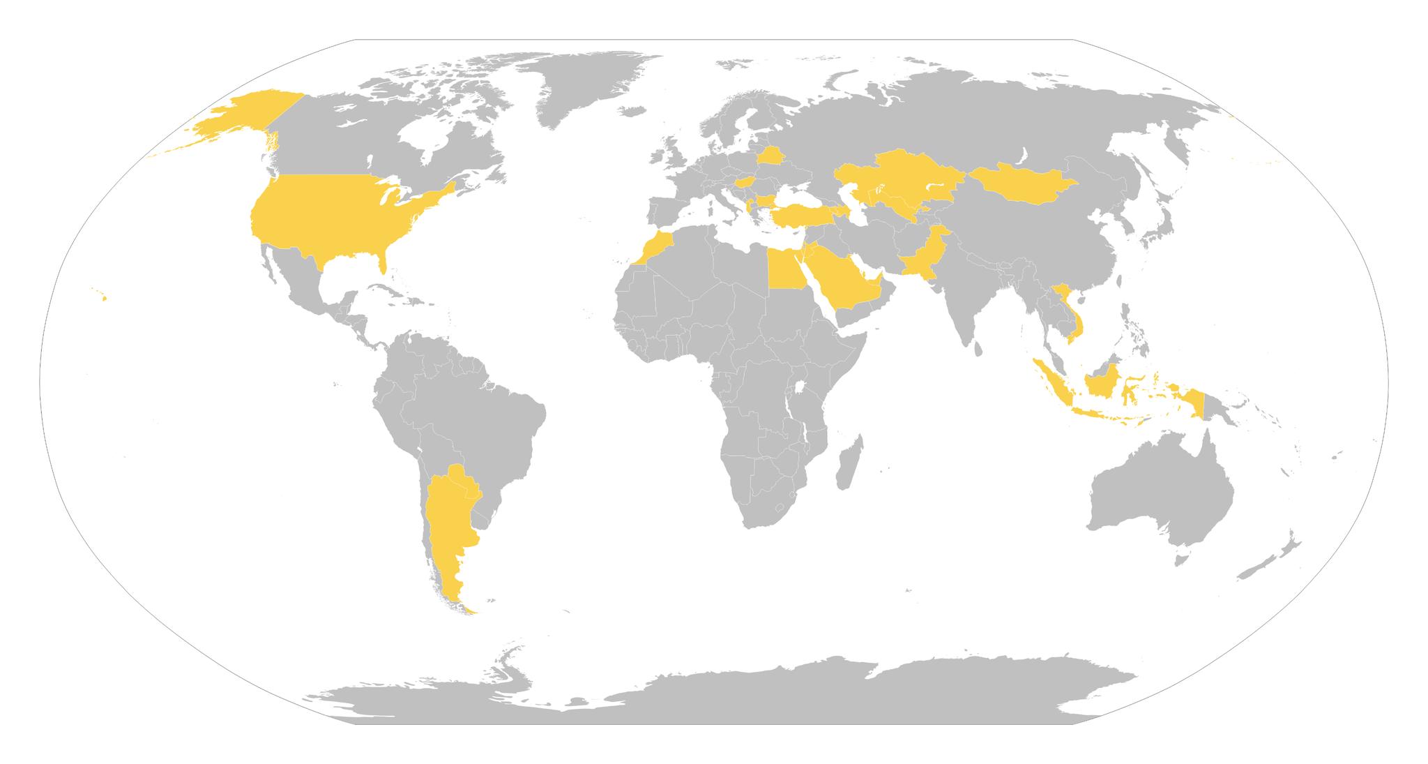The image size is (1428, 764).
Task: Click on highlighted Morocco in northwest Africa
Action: (x=655, y=244)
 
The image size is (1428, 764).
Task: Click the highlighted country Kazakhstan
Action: (x=899, y=174)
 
